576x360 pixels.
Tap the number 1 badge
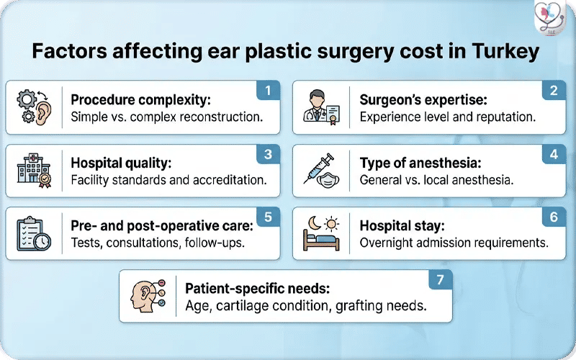click(x=267, y=92)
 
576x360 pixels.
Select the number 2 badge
click(x=554, y=92)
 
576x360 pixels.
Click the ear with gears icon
click(x=34, y=108)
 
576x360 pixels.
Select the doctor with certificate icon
click(x=322, y=108)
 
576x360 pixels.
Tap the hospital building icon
click(x=34, y=171)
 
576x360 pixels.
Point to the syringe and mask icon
click(x=322, y=171)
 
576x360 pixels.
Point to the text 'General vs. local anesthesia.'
click(x=436, y=180)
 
